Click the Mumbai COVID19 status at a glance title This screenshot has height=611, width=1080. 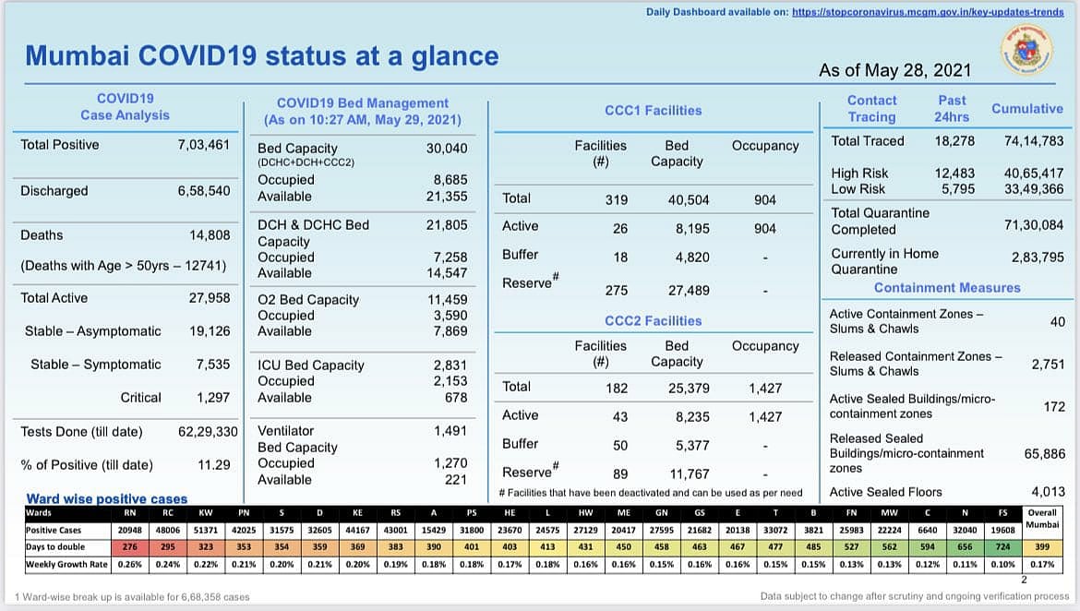tap(262, 55)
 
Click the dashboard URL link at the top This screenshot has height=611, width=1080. tap(928, 11)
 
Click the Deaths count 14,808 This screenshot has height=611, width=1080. tap(209, 235)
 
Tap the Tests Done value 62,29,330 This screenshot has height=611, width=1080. tap(208, 431)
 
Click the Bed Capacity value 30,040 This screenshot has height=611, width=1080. tap(447, 149)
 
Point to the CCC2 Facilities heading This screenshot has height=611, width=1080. tap(653, 321)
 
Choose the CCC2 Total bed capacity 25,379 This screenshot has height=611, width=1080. tap(689, 389)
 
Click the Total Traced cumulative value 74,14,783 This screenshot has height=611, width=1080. tap(1034, 141)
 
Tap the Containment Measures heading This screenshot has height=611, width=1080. tap(947, 288)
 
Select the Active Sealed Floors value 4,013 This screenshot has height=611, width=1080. tap(1048, 492)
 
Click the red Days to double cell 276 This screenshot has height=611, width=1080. tap(130, 547)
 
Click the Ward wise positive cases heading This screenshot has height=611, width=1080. tap(107, 499)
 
